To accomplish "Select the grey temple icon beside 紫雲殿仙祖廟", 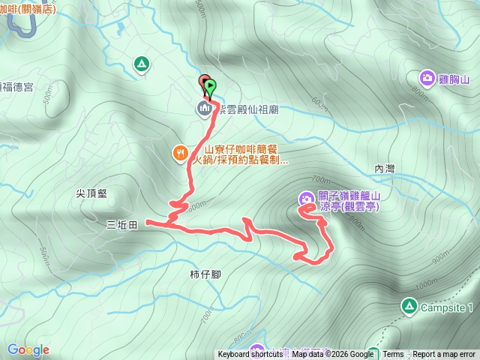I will [x=203, y=109].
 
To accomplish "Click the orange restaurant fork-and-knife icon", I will [x=180, y=154].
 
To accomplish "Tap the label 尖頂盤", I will [x=91, y=193].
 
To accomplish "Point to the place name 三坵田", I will [x=121, y=224].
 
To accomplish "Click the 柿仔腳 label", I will [x=205, y=274].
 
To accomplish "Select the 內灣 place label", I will [x=383, y=169].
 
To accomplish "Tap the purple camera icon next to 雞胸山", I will [x=427, y=77].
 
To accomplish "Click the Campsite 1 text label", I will [x=446, y=307].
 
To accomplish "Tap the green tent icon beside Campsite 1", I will [x=408, y=306].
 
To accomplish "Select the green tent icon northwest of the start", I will [x=140, y=64].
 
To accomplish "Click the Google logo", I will [x=28, y=349].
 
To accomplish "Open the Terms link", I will [x=393, y=355].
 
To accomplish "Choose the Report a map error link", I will [x=444, y=355].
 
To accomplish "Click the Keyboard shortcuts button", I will [x=250, y=355].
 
